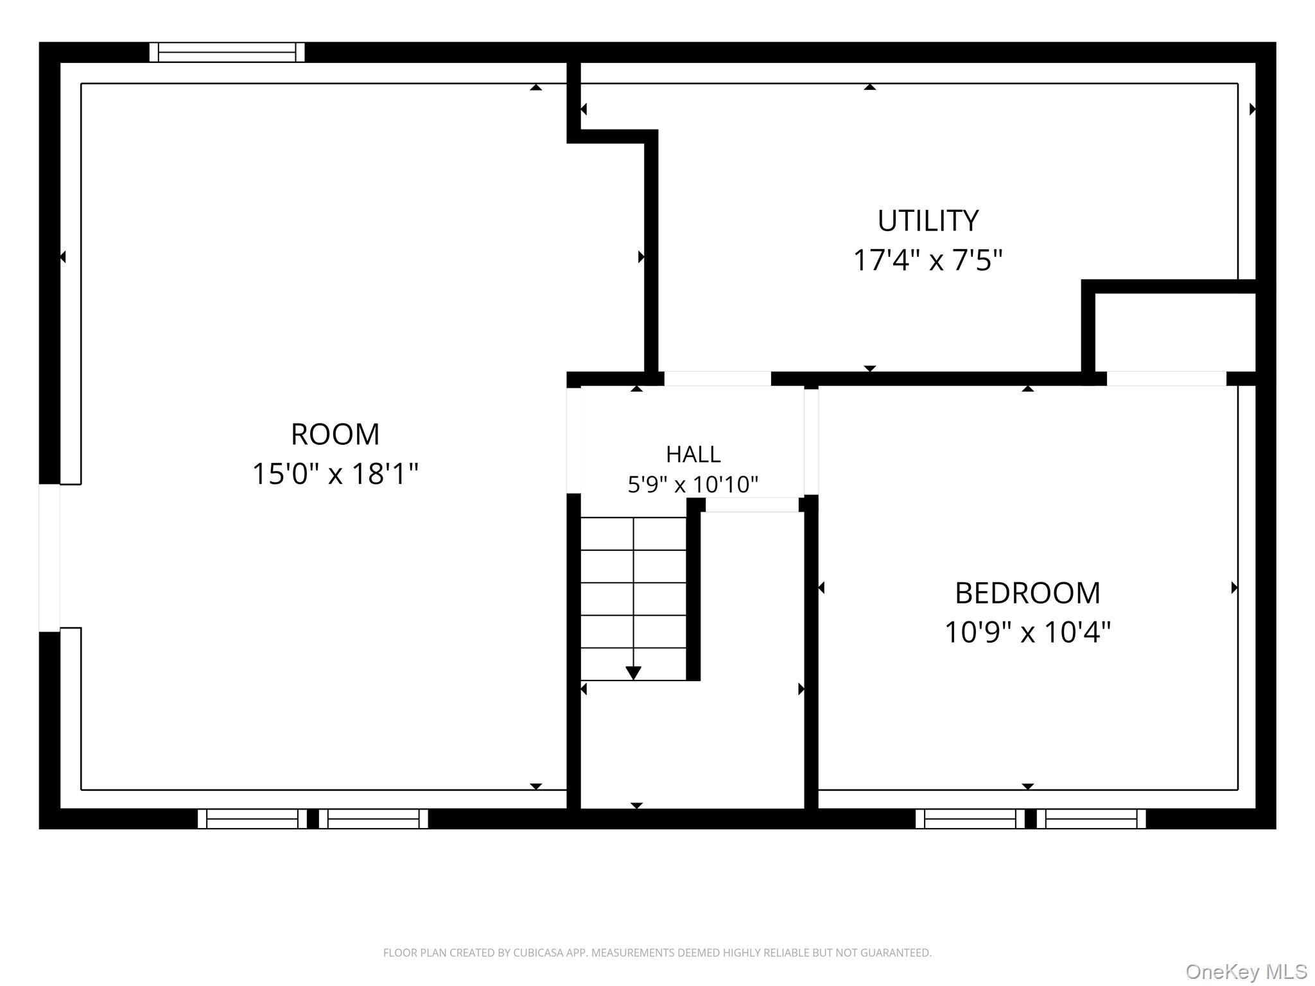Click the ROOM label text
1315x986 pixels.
[x=335, y=435]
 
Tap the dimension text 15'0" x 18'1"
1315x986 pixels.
[x=335, y=474]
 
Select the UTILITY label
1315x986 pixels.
[x=928, y=221]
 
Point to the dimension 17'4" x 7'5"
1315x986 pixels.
[x=928, y=261]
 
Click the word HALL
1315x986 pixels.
[x=693, y=454]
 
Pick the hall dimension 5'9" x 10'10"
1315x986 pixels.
[x=693, y=484]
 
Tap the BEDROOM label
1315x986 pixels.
[x=1027, y=593]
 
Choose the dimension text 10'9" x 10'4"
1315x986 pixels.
[x=1027, y=632]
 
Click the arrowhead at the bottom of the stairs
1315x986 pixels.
[x=633, y=673]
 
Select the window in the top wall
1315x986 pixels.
[x=227, y=52]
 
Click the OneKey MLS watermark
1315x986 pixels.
[x=1246, y=972]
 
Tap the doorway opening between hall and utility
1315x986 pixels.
[x=717, y=379]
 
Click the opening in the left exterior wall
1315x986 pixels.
[x=49, y=558]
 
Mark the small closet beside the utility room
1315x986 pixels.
[x=1175, y=332]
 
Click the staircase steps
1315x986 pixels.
[x=633, y=598]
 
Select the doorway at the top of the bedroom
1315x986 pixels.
[x=1166, y=379]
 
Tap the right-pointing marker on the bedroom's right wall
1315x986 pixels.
[x=1234, y=587]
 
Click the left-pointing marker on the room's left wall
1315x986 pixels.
[x=63, y=257]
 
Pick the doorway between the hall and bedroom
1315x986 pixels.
[x=811, y=442]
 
